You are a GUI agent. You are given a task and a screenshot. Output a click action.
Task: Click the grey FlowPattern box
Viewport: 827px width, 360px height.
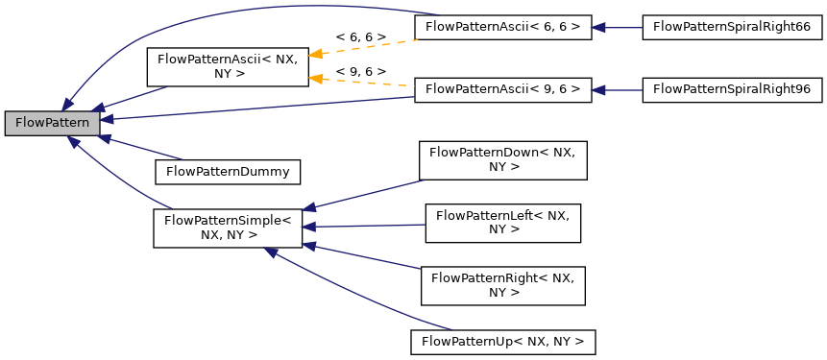coord(52,123)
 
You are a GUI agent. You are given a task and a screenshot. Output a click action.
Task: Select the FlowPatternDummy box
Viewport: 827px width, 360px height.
coord(228,172)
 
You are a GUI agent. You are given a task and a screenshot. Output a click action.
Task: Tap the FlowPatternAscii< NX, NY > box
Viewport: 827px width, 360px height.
coord(226,66)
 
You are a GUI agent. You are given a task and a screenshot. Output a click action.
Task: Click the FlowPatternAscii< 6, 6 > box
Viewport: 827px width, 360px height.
coord(502,27)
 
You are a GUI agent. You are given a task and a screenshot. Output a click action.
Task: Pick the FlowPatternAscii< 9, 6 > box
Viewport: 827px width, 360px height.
coord(502,89)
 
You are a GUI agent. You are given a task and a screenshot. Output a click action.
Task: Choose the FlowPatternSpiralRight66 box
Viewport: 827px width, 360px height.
coord(731,27)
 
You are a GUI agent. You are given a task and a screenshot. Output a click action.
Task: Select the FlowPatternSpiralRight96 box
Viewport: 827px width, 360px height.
coord(731,89)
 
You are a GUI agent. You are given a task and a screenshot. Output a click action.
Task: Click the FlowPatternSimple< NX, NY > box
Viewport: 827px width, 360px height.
coord(228,227)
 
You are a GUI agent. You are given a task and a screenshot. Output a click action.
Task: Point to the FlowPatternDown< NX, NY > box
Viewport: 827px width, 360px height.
coord(502,159)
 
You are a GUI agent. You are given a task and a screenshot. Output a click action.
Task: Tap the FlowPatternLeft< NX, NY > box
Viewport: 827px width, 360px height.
coord(502,223)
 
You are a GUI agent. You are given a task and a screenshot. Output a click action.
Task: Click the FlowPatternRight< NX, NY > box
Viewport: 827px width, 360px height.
coord(502,285)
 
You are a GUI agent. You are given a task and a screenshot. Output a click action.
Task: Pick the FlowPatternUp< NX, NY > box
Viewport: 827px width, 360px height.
coord(502,341)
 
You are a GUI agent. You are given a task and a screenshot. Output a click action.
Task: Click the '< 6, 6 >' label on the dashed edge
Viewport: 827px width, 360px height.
coord(360,36)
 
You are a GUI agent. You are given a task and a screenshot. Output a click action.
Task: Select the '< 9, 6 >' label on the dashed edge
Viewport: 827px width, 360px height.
coord(360,71)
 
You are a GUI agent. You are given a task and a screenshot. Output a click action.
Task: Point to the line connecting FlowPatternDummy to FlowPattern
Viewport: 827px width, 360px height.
coord(144,148)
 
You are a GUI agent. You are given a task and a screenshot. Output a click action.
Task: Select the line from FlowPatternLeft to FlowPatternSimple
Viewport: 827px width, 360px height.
coord(365,226)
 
